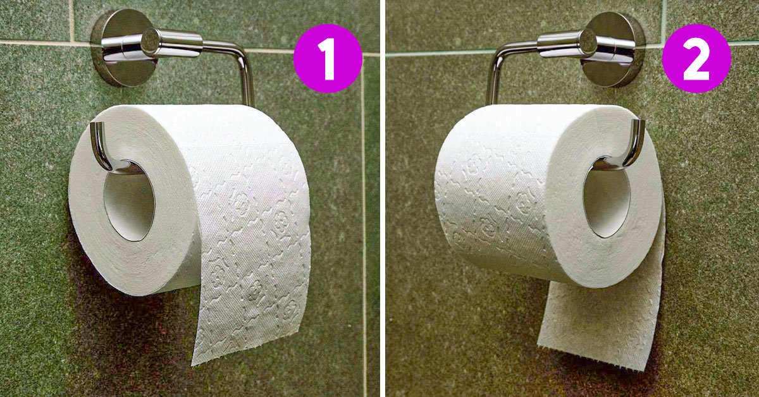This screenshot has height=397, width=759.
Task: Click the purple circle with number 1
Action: tap(328, 58)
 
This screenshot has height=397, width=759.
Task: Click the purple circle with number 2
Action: tap(696, 58)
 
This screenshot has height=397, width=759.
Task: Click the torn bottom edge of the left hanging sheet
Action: tap(245, 349)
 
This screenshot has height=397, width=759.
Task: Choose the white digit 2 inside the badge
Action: tap(696, 58)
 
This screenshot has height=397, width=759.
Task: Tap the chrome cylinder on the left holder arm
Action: tap(172, 42)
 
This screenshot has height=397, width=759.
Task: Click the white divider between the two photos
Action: tap(382, 198)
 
